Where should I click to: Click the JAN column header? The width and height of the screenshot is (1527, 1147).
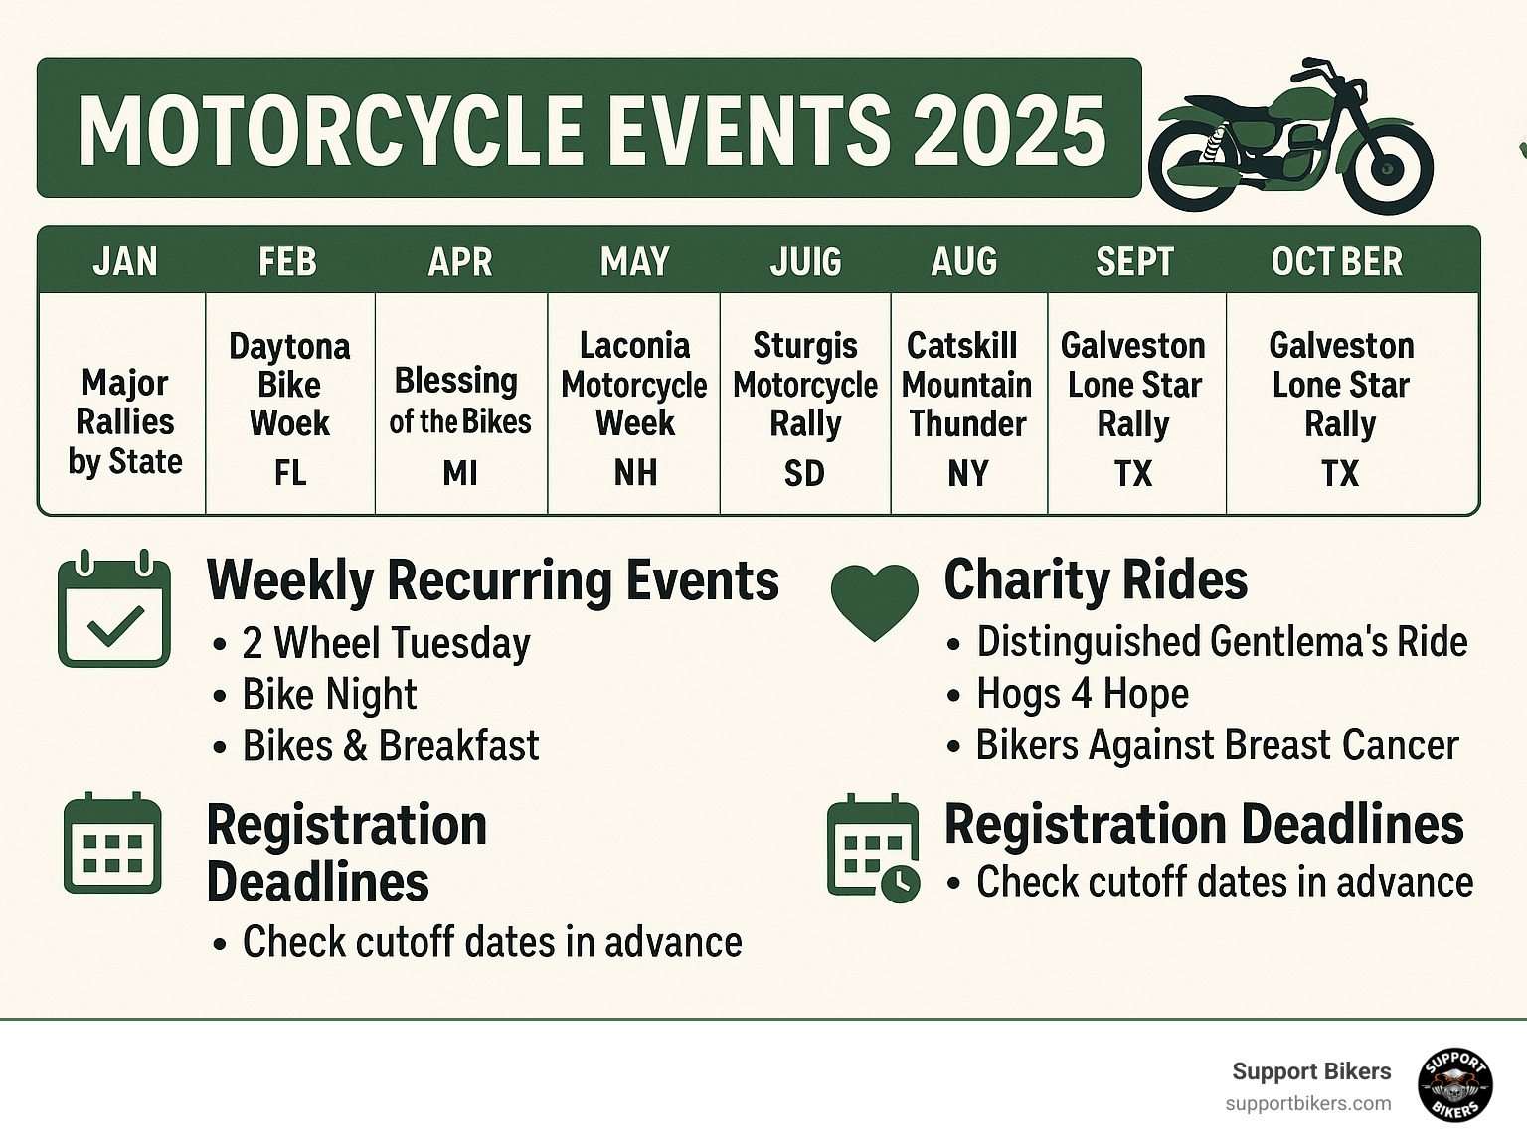(x=125, y=262)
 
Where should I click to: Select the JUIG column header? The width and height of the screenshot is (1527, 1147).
(x=805, y=262)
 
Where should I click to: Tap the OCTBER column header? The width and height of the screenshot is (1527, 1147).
(x=1337, y=262)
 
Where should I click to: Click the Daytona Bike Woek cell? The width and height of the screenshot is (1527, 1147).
(x=289, y=386)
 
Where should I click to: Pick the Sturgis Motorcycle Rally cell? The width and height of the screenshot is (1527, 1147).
(x=805, y=386)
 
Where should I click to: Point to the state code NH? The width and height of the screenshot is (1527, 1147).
(x=635, y=473)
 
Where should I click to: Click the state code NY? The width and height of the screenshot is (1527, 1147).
(x=968, y=473)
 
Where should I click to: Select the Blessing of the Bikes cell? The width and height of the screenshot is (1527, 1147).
(x=459, y=401)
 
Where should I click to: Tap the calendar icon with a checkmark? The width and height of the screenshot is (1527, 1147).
(x=114, y=608)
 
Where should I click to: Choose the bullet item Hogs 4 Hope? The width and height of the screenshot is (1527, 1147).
(x=1082, y=694)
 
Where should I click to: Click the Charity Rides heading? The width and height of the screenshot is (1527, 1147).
(x=1096, y=580)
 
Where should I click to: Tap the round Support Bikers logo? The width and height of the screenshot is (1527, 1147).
(x=1454, y=1084)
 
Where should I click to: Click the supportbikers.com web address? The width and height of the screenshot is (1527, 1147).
(x=1307, y=1104)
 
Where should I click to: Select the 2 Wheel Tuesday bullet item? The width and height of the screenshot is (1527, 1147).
(x=386, y=643)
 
